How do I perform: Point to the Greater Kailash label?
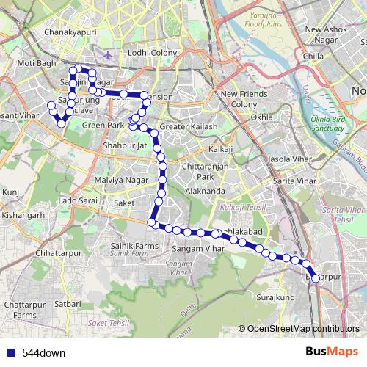[x=189, y=127]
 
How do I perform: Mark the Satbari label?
[x=67, y=302]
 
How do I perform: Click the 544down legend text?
[x=43, y=352]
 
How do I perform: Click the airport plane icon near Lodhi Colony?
[x=108, y=54]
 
